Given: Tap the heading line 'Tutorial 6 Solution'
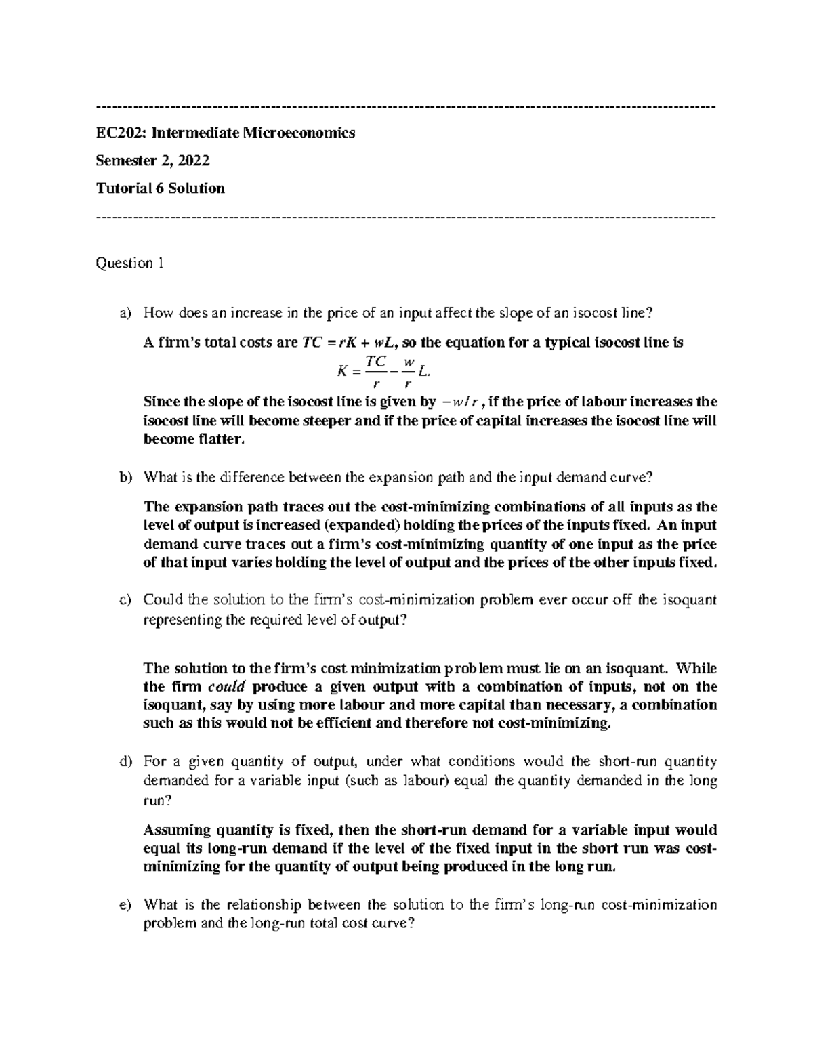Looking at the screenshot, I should [161, 188].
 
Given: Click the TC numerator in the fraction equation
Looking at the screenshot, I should [376, 362].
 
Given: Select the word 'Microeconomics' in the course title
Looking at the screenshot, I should [299, 133].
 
